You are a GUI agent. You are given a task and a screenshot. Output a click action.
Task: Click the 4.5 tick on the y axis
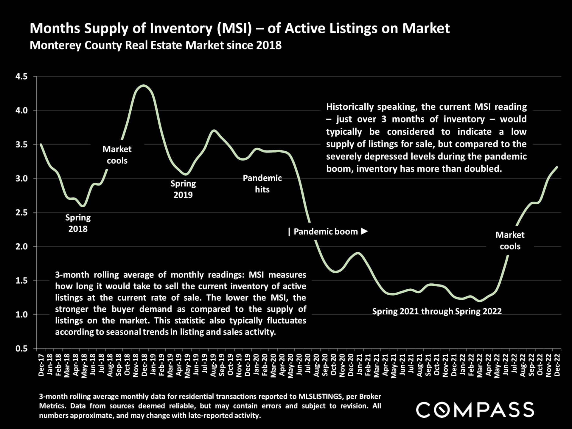tap(21, 77)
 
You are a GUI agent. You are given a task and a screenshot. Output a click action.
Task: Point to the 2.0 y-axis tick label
tap(21, 247)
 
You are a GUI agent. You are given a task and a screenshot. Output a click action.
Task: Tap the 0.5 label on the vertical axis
tap(21, 349)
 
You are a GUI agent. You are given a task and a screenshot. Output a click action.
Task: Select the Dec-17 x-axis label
tap(41, 365)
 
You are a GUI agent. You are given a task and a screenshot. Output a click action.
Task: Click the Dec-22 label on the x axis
tap(557, 365)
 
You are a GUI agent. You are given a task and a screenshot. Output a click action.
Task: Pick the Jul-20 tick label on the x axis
tap(308, 365)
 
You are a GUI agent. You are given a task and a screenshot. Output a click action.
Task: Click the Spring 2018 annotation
tap(78, 223)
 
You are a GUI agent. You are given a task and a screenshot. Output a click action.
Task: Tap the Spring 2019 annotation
tap(183, 189)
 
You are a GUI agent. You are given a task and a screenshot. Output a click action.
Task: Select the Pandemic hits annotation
tap(262, 184)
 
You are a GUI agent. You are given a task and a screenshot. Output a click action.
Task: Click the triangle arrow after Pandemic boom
tap(364, 231)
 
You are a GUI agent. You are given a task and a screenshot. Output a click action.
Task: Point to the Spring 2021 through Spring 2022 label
tap(437, 311)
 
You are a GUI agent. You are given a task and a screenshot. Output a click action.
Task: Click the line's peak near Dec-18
tap(143, 86)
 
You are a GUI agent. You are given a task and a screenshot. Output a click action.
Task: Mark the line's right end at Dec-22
tap(557, 167)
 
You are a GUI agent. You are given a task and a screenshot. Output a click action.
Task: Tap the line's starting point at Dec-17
tap(41, 144)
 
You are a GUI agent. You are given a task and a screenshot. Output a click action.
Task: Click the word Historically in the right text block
tap(350, 107)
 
